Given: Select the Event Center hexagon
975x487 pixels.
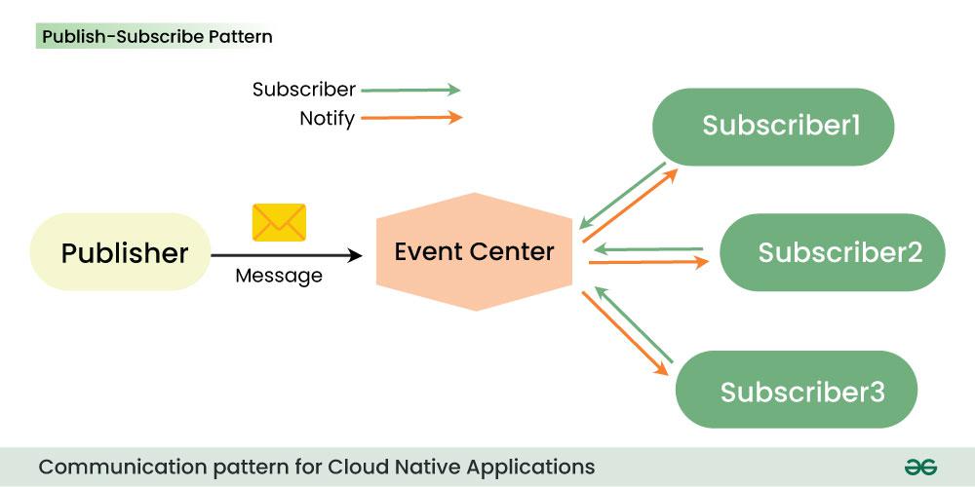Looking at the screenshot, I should [x=474, y=252].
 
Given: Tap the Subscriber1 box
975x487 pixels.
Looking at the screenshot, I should [x=772, y=127].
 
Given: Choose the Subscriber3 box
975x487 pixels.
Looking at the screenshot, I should [x=796, y=390].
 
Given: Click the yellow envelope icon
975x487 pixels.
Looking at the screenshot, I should [x=279, y=222].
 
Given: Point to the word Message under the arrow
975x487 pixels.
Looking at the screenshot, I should [x=279, y=276].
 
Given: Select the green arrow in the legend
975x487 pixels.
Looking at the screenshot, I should [x=409, y=90].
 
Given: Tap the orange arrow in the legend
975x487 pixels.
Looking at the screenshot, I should [x=409, y=119].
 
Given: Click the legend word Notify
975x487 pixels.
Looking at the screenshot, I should [x=327, y=120].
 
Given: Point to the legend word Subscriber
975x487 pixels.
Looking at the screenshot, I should [x=303, y=90].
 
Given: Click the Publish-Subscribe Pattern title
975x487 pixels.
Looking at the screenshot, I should [x=156, y=37].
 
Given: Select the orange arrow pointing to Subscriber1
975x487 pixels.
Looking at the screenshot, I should [x=630, y=207].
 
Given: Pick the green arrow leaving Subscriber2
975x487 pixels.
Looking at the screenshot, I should [x=647, y=248].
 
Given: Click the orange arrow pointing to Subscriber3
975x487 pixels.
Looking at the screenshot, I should [x=627, y=333].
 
